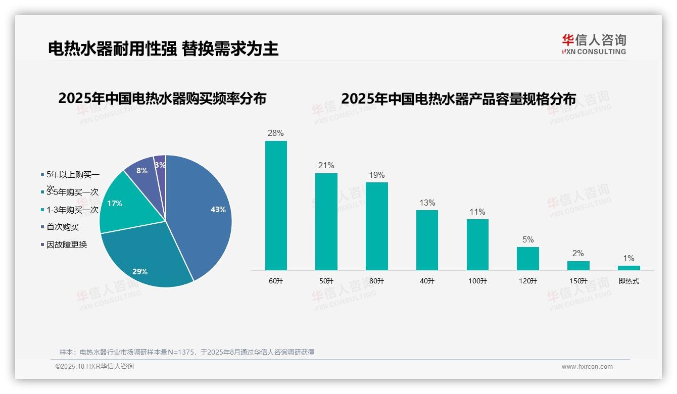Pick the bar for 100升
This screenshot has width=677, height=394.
coord(477,244)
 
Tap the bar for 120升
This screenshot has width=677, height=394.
coord(528,258)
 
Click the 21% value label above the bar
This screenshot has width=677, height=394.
coord(326,166)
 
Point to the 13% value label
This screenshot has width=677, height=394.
coord(427,203)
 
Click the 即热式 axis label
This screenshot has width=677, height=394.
coord(628,281)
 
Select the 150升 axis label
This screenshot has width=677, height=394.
coord(578,281)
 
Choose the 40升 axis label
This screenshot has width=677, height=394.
coord(427,281)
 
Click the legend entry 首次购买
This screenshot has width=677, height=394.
coord(63,227)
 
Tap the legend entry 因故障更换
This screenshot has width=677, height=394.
coord(67,244)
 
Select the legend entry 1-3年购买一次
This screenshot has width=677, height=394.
coord(72,210)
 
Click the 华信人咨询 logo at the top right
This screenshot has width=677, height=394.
coord(594,44)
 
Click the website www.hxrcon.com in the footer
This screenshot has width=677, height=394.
coord(587,367)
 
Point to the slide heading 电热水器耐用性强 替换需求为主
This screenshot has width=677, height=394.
coord(163,48)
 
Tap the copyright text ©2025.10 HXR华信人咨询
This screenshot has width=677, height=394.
coord(94,367)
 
